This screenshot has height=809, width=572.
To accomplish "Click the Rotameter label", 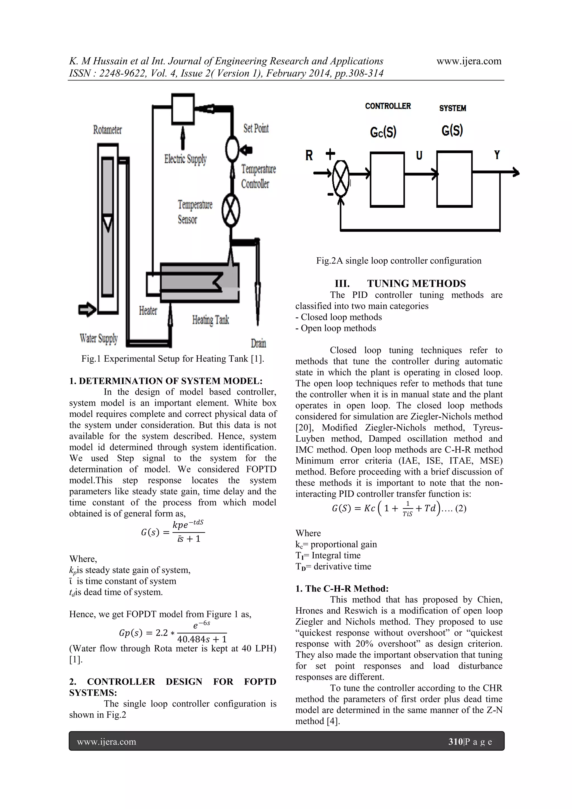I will [x=108, y=130].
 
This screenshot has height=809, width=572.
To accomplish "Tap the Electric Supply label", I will [x=185, y=159].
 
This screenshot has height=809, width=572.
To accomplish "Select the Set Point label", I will [x=256, y=128].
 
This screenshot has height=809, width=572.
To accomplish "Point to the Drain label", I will [x=258, y=343].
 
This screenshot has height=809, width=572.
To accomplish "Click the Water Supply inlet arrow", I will [x=87, y=310].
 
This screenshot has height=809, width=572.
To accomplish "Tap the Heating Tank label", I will [x=210, y=320].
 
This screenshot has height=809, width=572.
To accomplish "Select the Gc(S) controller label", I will [x=383, y=132].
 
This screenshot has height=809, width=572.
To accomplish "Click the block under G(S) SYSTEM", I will [x=454, y=179].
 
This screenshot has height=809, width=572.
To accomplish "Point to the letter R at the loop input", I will [x=309, y=155].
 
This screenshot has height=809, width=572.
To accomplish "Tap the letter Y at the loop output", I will [x=497, y=155].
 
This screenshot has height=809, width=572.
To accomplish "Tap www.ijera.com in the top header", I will [x=469, y=61].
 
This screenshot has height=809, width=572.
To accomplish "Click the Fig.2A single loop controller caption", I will [x=398, y=261].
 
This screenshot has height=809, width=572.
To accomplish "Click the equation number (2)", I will [x=461, y=508].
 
